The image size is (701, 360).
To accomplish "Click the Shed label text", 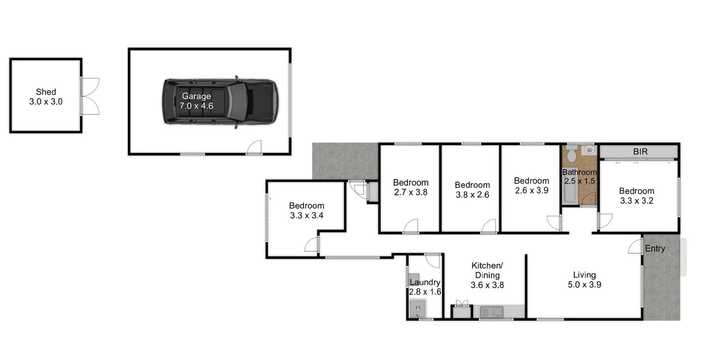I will coord(46,92).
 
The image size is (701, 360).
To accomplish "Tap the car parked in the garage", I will coord(252,102).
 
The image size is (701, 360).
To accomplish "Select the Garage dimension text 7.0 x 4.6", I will coord(196,106).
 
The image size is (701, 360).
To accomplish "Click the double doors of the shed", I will coord(89,96).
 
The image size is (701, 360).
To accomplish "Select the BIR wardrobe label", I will coord(640,152).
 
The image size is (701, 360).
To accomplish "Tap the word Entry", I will coord(655,248).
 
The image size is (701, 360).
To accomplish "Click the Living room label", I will coord(584,275).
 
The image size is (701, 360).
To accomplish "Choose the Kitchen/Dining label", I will coord(487,270).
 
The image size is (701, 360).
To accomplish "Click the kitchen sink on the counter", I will coord(492,312).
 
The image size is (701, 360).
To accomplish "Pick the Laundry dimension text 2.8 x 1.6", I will coord(425,292).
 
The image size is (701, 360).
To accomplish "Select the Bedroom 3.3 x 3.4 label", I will coord(307,211).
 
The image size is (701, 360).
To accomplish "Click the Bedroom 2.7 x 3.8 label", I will coord(411,187).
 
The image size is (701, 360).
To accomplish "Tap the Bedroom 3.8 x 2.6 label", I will coord(472,190).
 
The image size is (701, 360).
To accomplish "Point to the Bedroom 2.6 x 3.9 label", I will coord(531,185).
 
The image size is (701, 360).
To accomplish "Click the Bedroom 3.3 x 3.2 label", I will coord(636,196).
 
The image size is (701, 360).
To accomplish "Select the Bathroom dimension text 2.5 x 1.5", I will coord(579,181).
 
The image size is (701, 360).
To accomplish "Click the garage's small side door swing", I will coord(255,147).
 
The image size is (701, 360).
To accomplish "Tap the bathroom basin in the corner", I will coord(589,149).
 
